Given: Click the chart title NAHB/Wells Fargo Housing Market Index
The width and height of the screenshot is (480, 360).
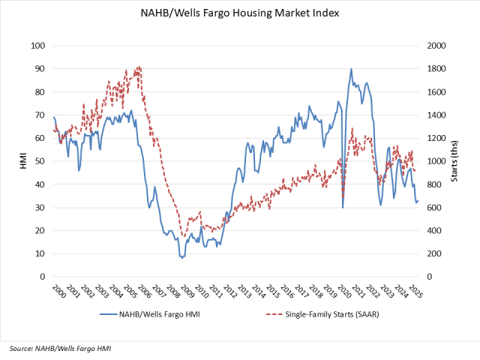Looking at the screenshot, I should coord(239,13).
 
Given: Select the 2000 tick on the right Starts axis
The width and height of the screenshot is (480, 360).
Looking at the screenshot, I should coord(436,46).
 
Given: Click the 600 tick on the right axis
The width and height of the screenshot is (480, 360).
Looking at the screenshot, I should coord(434,208).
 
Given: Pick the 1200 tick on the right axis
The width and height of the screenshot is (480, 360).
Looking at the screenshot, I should coord(436,138).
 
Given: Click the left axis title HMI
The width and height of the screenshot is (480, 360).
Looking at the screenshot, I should coord(22,161).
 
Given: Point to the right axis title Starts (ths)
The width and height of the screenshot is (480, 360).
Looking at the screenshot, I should coord(455,161).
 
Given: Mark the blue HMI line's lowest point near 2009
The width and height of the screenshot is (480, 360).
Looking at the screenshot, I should coord(181,258).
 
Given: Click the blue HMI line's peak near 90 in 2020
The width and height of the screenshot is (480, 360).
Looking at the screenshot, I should coord(351,69).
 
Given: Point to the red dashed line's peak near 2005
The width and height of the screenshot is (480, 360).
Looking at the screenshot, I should coord(139,67).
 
